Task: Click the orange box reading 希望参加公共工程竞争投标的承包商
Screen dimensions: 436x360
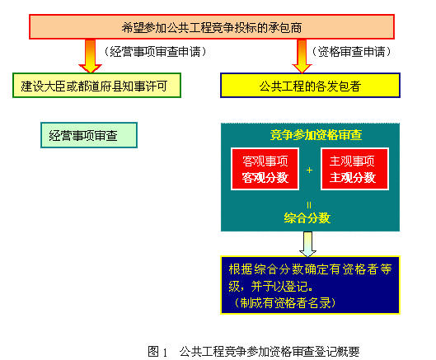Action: [x=212, y=26]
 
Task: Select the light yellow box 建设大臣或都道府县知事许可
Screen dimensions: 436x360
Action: [x=96, y=86]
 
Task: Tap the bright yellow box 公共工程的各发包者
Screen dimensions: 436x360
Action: [x=310, y=86]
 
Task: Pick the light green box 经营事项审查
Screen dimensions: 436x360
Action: [x=89, y=135]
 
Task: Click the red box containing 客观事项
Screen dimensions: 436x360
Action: [x=265, y=169]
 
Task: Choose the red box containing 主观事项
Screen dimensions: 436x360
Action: [x=354, y=169]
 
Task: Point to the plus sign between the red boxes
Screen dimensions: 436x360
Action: [x=309, y=170]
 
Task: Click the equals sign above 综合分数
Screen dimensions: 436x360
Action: [x=309, y=205]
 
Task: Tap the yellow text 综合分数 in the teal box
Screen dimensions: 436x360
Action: [x=307, y=217]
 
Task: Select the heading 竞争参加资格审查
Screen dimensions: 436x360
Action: [x=316, y=135]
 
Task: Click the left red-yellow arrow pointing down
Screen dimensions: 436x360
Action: [x=91, y=56]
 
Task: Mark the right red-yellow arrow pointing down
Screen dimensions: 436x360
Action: [x=302, y=56]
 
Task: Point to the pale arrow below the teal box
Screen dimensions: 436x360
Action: [x=307, y=244]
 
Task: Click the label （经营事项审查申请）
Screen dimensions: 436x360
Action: [x=156, y=52]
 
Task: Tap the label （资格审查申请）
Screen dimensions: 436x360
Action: [x=351, y=52]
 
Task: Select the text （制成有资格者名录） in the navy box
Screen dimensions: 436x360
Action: [x=285, y=302]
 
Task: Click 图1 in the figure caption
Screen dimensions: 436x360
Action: [x=157, y=352]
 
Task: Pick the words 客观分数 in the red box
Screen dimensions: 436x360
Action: [x=265, y=178]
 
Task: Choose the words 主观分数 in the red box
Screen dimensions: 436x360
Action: [x=353, y=178]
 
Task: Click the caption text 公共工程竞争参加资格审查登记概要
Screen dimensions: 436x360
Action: [x=270, y=352]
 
